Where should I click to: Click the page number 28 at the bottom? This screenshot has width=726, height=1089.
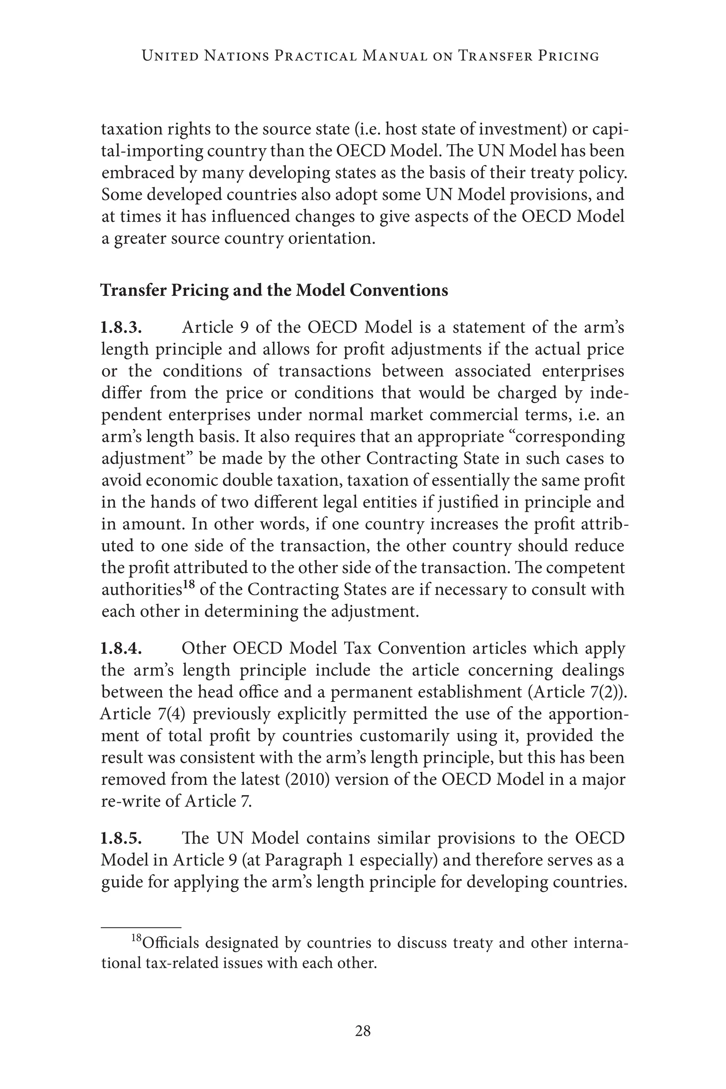click(x=363, y=1030)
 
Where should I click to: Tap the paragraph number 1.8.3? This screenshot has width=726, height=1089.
click(x=121, y=328)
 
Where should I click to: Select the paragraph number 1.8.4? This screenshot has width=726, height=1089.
click(x=121, y=649)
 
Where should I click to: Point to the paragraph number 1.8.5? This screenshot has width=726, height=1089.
click(x=121, y=838)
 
